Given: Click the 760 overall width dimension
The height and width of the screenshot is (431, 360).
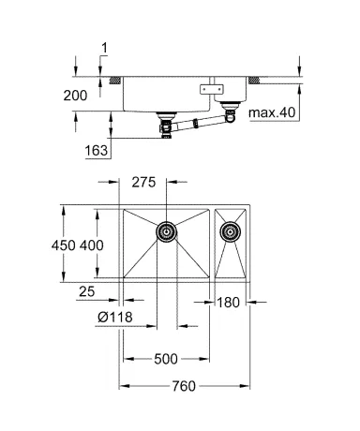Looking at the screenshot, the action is pyautogui.click(x=184, y=386).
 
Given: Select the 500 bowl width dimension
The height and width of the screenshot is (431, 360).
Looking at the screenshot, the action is pyautogui.click(x=166, y=359).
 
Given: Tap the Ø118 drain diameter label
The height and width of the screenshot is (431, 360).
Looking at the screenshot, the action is pyautogui.click(x=115, y=318).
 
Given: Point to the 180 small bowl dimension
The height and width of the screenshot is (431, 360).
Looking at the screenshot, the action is pyautogui.click(x=228, y=303).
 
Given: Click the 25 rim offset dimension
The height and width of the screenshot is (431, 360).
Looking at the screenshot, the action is pyautogui.click(x=86, y=291).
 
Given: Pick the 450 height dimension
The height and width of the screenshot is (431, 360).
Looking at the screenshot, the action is pyautogui.click(x=64, y=245).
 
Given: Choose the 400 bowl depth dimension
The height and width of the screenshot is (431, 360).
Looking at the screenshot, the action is pyautogui.click(x=91, y=245).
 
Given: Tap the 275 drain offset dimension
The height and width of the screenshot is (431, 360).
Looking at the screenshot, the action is pyautogui.click(x=143, y=183).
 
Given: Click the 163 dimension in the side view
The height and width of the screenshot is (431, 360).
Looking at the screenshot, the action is pyautogui.click(x=97, y=151).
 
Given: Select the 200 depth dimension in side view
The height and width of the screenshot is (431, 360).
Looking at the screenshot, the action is pyautogui.click(x=75, y=96).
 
